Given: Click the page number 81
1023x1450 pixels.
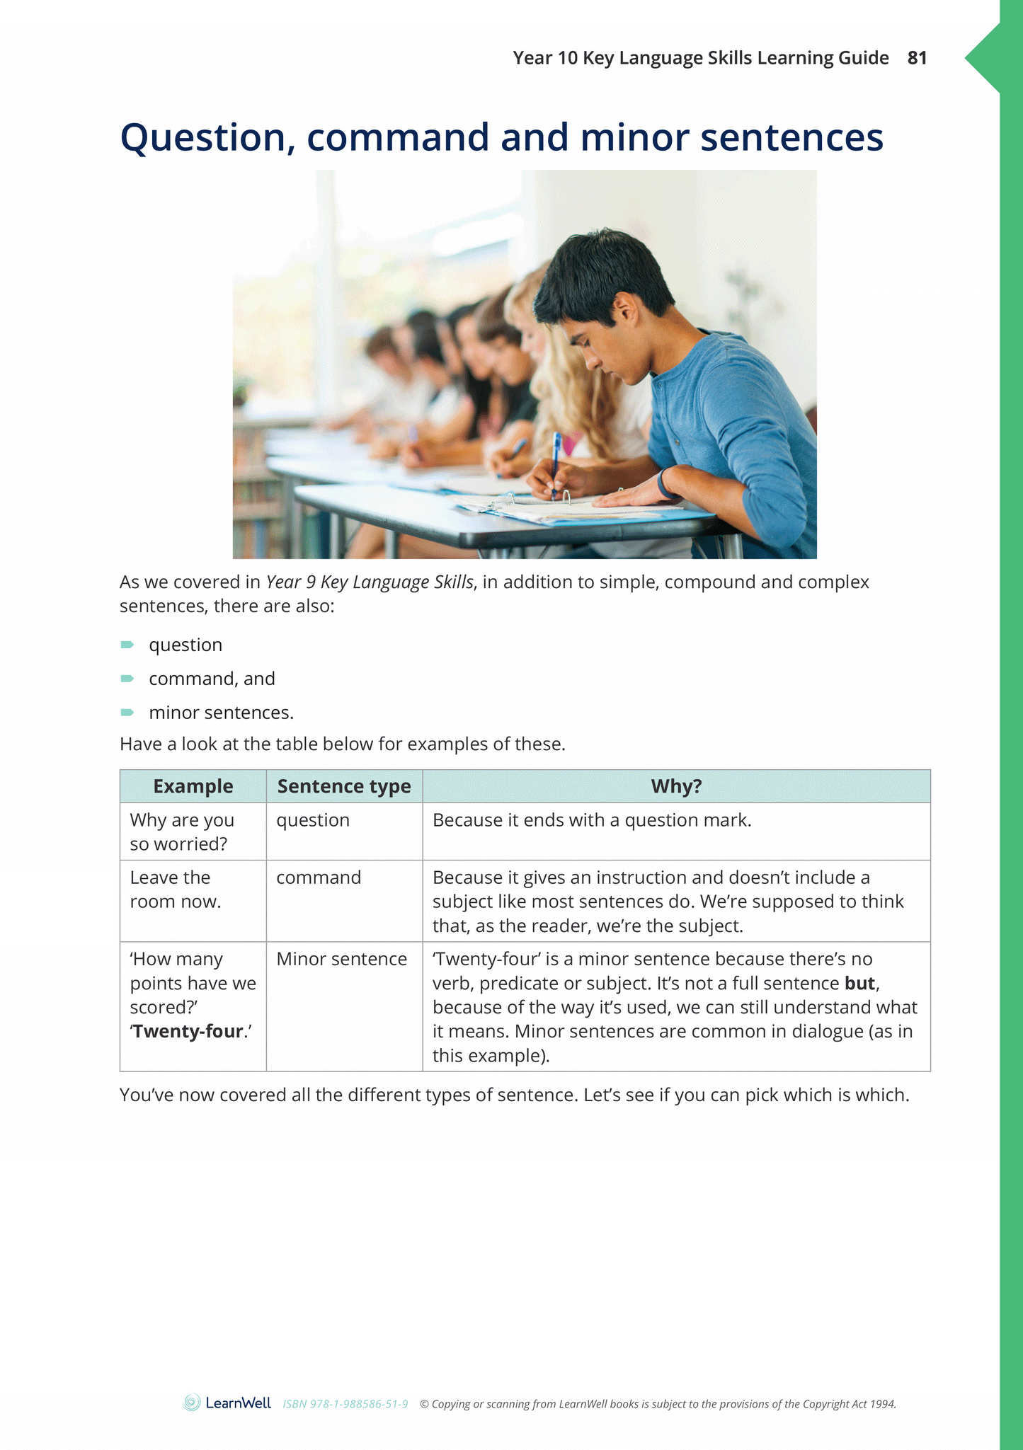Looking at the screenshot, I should click(917, 58).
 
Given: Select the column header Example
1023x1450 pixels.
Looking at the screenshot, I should click(193, 786).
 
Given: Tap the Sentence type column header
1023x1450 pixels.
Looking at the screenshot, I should click(344, 786).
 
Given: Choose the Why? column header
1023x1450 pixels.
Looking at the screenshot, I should click(676, 786).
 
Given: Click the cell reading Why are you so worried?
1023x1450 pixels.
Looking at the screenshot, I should click(182, 832).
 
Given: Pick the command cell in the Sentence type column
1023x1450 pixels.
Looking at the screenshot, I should click(319, 878).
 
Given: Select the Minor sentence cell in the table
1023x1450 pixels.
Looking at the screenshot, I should click(341, 959).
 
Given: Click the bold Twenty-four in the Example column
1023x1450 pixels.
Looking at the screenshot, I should click(188, 1032).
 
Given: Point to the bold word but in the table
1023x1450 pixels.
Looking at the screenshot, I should click(860, 984).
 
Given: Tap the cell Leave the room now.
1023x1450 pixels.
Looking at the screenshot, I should click(176, 890).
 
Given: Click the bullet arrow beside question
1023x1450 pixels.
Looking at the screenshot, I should click(127, 645).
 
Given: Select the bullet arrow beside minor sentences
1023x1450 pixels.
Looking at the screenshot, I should click(127, 713).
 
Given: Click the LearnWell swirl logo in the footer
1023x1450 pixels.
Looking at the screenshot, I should click(192, 1403).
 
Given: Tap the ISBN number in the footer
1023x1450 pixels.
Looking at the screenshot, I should click(345, 1404).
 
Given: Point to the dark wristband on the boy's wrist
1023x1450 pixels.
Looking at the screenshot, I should click(663, 483).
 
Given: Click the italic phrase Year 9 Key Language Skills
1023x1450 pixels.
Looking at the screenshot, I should click(370, 582).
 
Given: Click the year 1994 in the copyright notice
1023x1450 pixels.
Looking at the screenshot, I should click(883, 1404).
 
